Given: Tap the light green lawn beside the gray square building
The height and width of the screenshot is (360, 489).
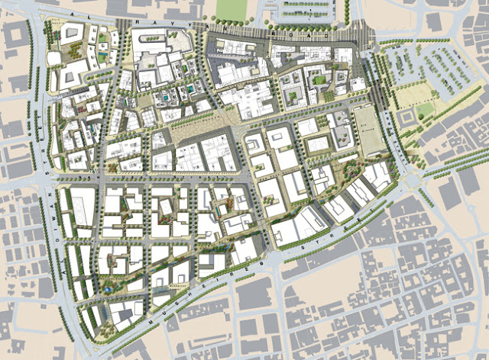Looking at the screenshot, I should coord(425,110).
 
